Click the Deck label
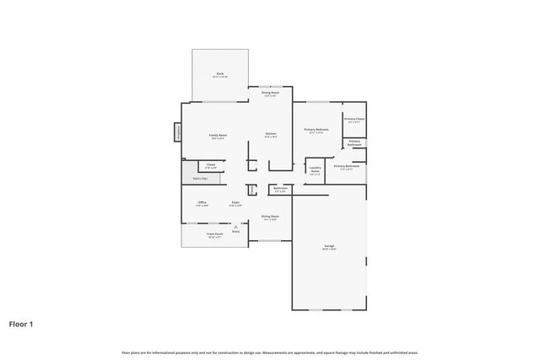[x=220, y=73]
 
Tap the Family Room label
[x=219, y=135]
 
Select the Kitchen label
[x=271, y=134]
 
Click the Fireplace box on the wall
[x=178, y=132]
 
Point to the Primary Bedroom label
[x=316, y=129]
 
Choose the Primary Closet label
[x=354, y=120]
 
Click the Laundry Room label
[x=315, y=169]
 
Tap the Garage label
[x=329, y=246]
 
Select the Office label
[x=202, y=202]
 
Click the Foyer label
[x=237, y=202]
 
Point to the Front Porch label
[x=215, y=234]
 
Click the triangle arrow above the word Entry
[x=236, y=227]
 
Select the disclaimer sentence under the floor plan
[x=270, y=352]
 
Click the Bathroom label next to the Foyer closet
[x=280, y=189]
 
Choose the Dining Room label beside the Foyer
[x=270, y=216]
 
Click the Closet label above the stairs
[x=211, y=164]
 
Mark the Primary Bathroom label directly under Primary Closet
[x=354, y=142]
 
